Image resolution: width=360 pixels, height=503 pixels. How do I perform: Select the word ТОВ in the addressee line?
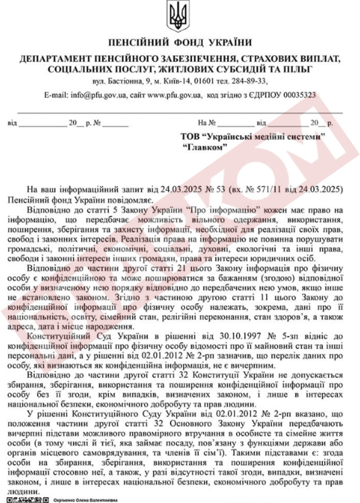(192, 136)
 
